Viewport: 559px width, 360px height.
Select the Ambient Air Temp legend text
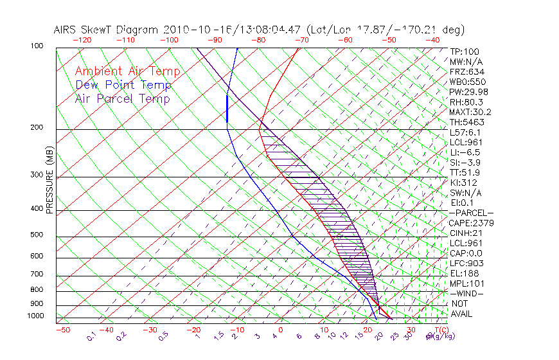click(x=127, y=72)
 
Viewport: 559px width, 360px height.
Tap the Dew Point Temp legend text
click(x=123, y=85)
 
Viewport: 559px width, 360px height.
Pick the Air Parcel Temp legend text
click(x=122, y=99)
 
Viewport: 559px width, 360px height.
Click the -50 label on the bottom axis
click(x=62, y=330)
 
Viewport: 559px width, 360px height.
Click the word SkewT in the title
click(x=119, y=30)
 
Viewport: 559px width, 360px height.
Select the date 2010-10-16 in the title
click(x=191, y=30)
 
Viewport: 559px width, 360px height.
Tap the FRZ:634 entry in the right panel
click(x=467, y=71)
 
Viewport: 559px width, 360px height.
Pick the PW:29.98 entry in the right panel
click(x=469, y=92)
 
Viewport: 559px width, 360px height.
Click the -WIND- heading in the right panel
click(x=466, y=293)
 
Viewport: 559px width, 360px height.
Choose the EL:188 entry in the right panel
click(x=464, y=273)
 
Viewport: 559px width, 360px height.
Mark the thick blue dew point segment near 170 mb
click(x=227, y=107)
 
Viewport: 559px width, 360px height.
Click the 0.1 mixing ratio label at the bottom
click(x=92, y=336)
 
